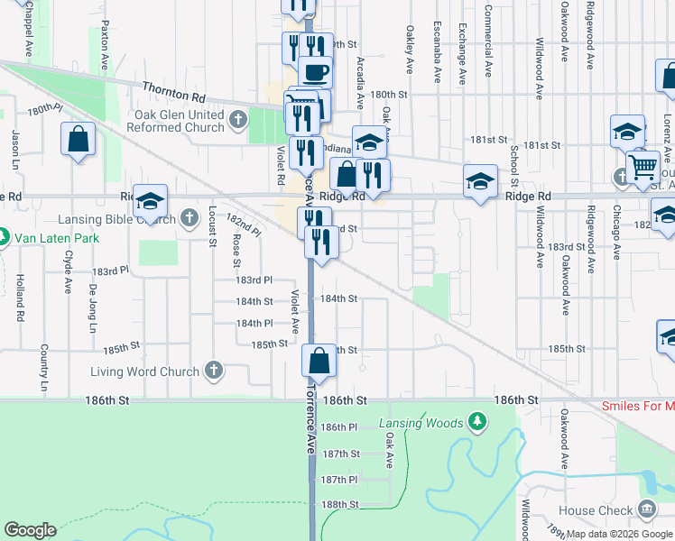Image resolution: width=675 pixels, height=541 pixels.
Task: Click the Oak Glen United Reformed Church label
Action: pos(179,121)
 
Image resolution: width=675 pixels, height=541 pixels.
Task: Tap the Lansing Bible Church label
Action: pos(117,218)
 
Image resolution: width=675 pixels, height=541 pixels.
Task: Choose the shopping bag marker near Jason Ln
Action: pos(79,140)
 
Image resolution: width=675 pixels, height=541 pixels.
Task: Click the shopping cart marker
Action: pos(643,167)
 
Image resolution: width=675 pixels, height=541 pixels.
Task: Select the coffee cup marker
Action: pos(315,71)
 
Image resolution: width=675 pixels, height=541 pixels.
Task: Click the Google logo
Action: pos(31,529)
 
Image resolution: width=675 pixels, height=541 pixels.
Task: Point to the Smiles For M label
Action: pos(638,406)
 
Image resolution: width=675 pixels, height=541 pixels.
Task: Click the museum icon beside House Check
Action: pos(646,509)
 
